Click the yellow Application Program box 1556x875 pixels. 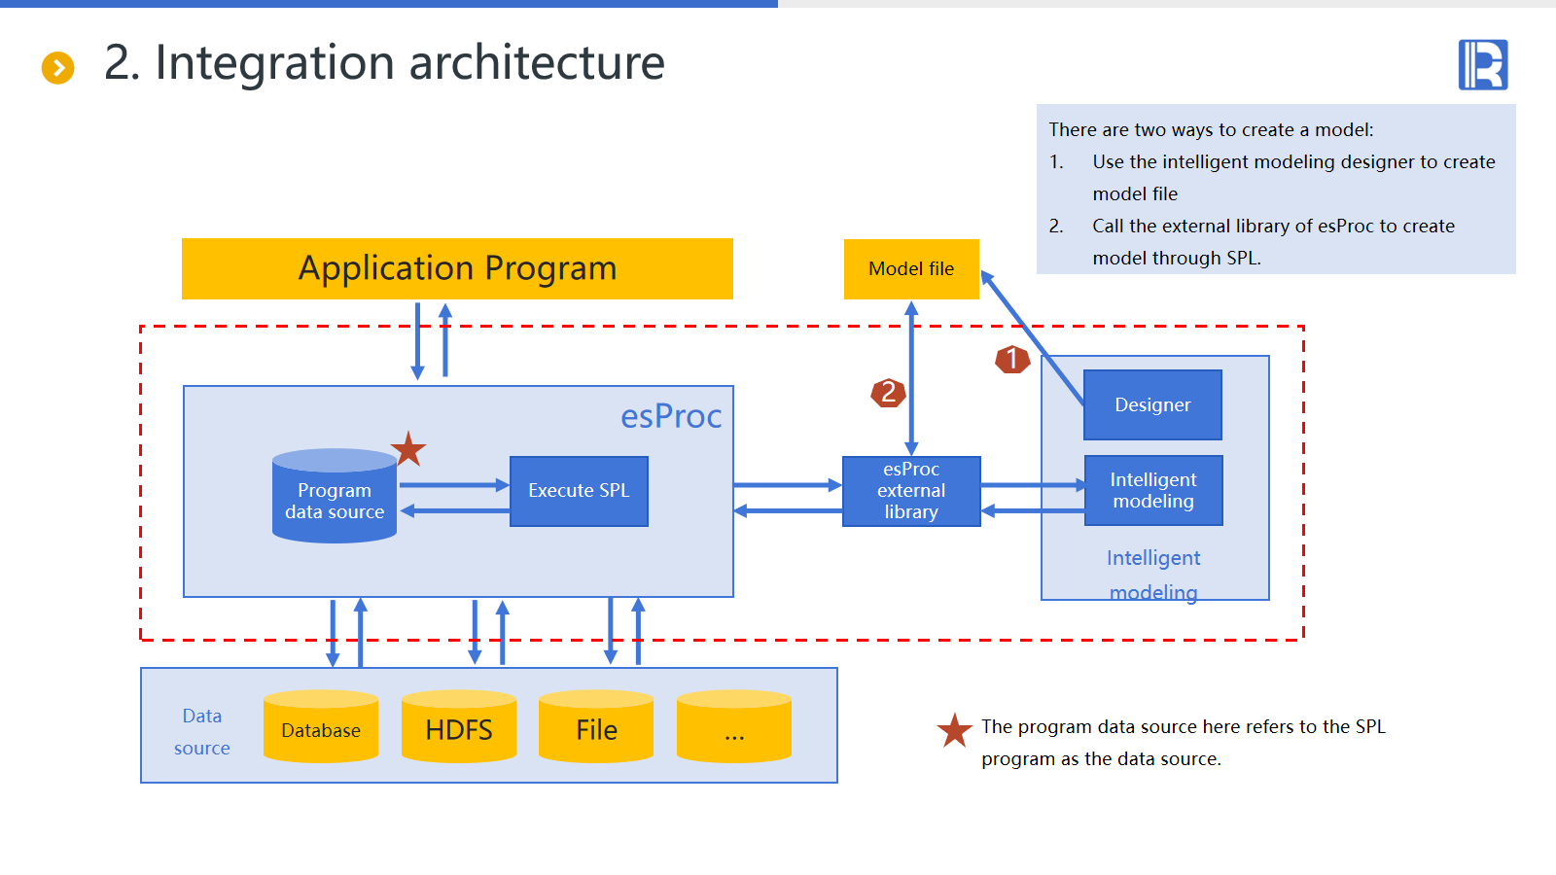point(457,268)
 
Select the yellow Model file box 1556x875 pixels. point(911,268)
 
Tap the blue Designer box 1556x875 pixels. point(1152,404)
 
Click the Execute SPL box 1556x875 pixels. point(579,491)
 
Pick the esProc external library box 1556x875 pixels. point(911,491)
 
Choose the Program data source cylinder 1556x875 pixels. point(335,496)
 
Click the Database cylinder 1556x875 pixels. point(321,726)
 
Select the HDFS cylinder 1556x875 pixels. point(458,726)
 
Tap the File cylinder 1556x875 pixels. point(596,726)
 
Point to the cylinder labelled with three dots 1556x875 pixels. point(734,726)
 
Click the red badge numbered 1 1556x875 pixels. point(1012,359)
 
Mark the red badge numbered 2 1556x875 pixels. point(888,393)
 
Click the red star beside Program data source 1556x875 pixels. point(408,448)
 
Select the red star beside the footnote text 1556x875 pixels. point(954,730)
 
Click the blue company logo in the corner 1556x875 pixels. point(1483,64)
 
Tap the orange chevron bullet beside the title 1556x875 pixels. point(57,68)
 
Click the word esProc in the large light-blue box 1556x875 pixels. point(671,417)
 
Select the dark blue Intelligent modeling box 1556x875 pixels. point(1153,490)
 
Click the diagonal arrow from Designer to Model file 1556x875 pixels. point(1032,338)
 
